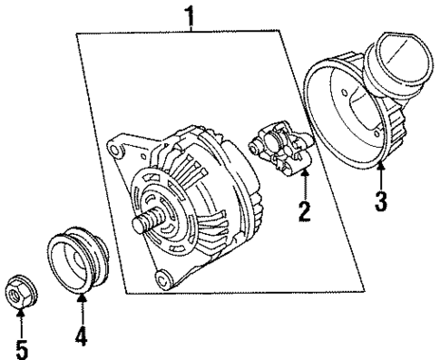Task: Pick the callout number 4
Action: [x=81, y=336]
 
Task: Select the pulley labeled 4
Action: [x=79, y=262]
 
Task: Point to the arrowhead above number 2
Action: [x=306, y=173]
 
